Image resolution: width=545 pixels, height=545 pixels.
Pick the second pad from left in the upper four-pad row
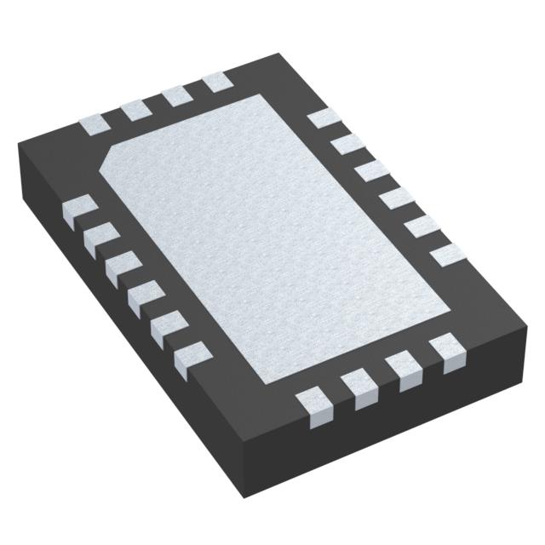[x=135, y=109]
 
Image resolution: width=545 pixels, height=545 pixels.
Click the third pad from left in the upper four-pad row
[x=177, y=95]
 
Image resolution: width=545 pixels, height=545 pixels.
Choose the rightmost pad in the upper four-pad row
[x=216, y=82]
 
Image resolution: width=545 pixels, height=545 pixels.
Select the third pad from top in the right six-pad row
[x=372, y=172]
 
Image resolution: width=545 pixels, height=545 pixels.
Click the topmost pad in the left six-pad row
[x=80, y=209]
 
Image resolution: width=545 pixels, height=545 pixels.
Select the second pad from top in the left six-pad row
[x=100, y=238]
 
